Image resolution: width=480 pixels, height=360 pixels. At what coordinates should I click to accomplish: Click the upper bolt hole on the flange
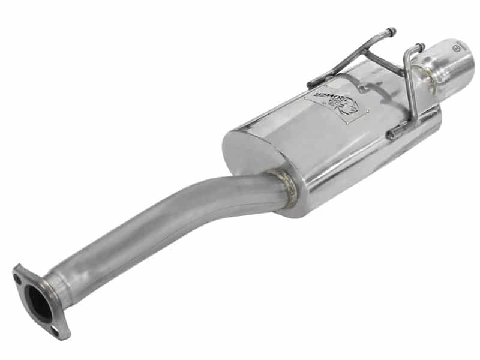(x=18, y=277)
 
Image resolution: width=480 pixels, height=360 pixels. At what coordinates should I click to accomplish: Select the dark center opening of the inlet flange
(x=37, y=303)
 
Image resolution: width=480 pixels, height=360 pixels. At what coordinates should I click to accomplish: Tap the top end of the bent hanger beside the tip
(x=419, y=46)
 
